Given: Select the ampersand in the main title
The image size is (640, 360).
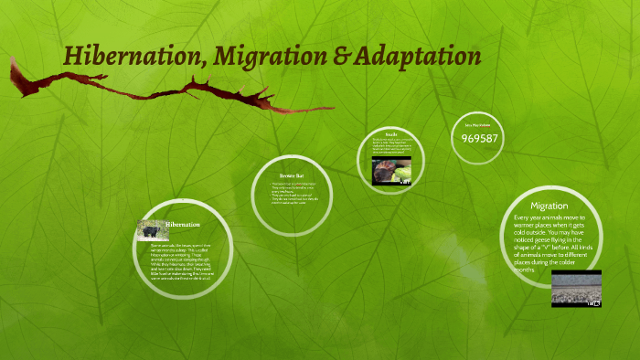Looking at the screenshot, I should (337, 57).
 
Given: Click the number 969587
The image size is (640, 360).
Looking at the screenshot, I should (479, 138).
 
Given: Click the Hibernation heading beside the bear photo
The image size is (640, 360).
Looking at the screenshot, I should (183, 224).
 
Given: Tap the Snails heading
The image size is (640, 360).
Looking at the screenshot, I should (390, 135).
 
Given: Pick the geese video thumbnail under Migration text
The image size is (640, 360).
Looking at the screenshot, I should (576, 288).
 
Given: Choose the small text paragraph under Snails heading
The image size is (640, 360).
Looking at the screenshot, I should (391, 147).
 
